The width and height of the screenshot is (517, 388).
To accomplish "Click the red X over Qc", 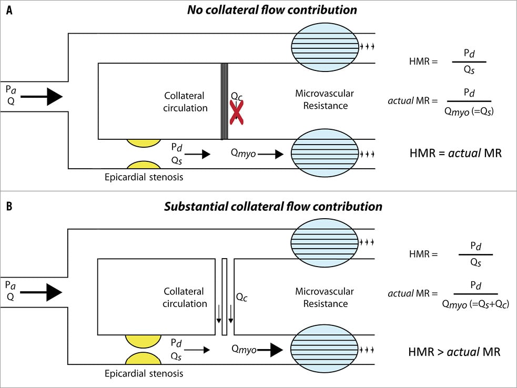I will tap(237, 111).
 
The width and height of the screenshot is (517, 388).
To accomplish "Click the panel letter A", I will tap(9, 11).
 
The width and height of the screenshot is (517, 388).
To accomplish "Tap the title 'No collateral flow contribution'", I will tap(272, 10).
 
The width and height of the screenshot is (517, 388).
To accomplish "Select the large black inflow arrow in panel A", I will tap(42, 97).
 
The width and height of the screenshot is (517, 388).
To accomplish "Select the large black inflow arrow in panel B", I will tap(42, 291).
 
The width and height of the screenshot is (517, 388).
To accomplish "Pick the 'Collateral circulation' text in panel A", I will tap(185, 102).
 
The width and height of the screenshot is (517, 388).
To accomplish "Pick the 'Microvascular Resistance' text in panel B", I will tap(325, 298).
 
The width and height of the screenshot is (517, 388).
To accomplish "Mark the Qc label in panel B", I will tap(242, 298).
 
